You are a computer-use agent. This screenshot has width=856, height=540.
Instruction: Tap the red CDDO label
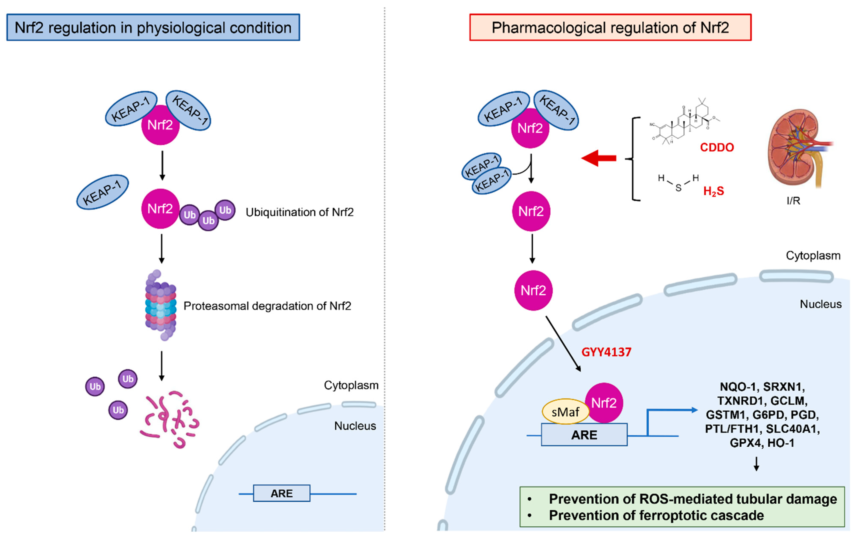[x=717, y=147]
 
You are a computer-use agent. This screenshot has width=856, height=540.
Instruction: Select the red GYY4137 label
[x=606, y=352]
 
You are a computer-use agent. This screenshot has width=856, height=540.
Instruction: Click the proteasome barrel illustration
[x=161, y=306]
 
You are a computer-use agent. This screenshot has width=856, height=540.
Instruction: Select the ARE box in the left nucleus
[x=282, y=493]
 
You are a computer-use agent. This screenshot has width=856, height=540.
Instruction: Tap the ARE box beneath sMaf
[x=584, y=435]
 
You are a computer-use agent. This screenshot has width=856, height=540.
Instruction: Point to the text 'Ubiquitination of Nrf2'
[x=300, y=212]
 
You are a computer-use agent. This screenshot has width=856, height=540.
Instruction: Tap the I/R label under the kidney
[x=793, y=201]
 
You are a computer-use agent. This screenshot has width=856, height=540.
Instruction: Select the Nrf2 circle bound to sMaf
[x=604, y=403]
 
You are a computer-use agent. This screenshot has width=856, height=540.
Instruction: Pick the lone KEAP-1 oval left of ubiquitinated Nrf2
[x=102, y=192]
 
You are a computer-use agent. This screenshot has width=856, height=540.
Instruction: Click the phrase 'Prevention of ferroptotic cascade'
[x=656, y=515]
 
